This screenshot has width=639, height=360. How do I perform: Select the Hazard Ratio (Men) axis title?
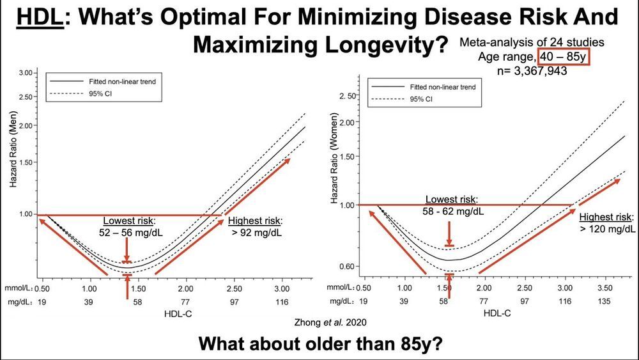tap(13, 151)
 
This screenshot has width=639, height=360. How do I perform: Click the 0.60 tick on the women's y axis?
tap(346, 265)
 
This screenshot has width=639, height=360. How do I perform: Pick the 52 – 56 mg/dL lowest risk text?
tap(130, 233)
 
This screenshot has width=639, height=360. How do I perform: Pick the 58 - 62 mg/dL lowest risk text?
tap(452, 211)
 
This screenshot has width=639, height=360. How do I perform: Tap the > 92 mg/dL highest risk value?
tap(254, 233)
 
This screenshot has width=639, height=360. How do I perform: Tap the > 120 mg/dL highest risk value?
tap(607, 228)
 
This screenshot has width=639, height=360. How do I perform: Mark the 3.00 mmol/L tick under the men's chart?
tap(281, 288)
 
